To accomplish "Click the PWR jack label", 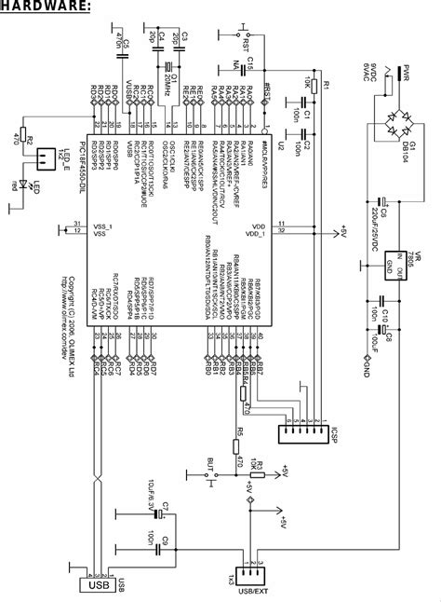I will click(x=414, y=72).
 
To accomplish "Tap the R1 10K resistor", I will click(x=314, y=88).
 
